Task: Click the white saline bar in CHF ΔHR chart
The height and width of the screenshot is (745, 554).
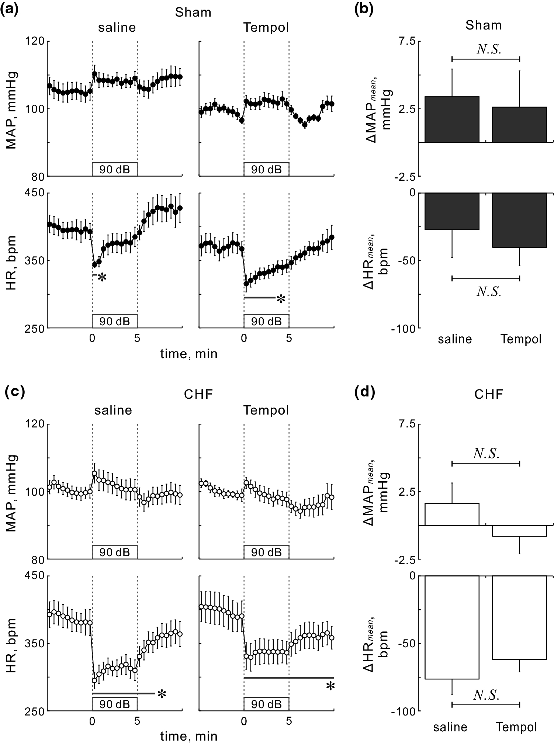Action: point(452,627)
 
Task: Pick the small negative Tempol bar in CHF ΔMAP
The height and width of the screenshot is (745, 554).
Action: point(519,530)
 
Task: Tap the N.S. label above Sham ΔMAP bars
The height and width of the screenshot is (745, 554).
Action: point(489,49)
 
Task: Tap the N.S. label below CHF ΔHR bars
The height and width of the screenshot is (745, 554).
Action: point(487,695)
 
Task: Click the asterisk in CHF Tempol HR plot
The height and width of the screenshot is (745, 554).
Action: point(330,686)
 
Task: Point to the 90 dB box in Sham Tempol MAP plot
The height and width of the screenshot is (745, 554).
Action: point(266,169)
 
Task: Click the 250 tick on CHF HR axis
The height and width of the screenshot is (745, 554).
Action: point(35,710)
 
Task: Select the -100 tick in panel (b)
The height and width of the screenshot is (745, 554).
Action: point(403,328)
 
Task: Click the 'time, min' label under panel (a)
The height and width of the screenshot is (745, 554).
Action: point(188,354)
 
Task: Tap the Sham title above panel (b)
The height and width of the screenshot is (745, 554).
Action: point(483,25)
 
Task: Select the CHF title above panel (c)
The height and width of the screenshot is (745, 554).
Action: point(198,394)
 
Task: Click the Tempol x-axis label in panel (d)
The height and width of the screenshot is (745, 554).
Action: point(516,727)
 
